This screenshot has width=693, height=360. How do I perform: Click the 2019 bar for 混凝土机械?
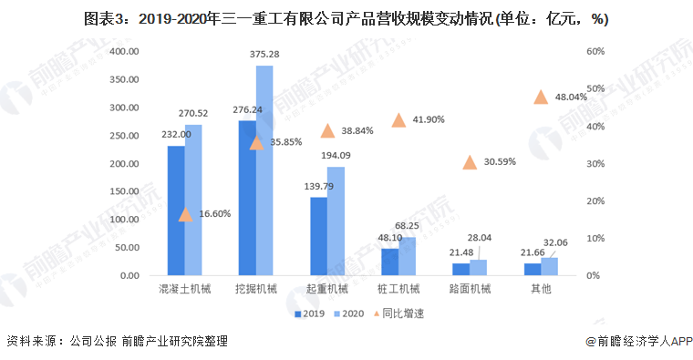click(176, 211)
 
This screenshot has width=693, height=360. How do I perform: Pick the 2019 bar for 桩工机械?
click(390, 262)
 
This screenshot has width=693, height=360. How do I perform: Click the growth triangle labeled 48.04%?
click(541, 98)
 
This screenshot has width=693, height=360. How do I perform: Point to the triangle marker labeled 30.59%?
click(470, 162)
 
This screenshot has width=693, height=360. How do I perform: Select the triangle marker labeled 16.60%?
click(185, 214)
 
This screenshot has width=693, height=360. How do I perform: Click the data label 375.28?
click(264, 55)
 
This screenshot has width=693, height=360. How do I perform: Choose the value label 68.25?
click(408, 226)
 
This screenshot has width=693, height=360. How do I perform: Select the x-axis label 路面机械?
click(470, 290)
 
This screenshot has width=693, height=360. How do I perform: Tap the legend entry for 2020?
click(349, 313)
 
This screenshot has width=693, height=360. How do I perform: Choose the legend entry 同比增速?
click(402, 313)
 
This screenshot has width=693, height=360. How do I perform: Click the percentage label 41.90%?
click(428, 120)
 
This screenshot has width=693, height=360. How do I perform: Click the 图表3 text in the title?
click(104, 18)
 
